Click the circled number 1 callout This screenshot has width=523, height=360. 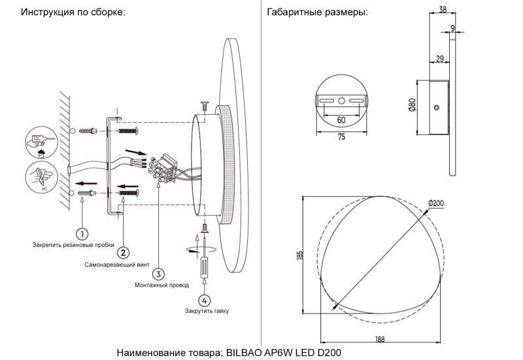point(82,233)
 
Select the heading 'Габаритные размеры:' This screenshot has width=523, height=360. point(318,12)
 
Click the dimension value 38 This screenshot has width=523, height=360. point(443,9)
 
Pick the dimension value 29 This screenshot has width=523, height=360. point(439,59)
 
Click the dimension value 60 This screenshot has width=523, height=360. point(341,120)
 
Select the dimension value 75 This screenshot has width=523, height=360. point(341,137)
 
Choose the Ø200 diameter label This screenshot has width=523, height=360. point(436,204)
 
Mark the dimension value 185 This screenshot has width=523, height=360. point(299,256)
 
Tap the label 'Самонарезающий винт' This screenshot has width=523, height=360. point(116,266)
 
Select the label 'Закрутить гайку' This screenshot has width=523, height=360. point(207,312)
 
